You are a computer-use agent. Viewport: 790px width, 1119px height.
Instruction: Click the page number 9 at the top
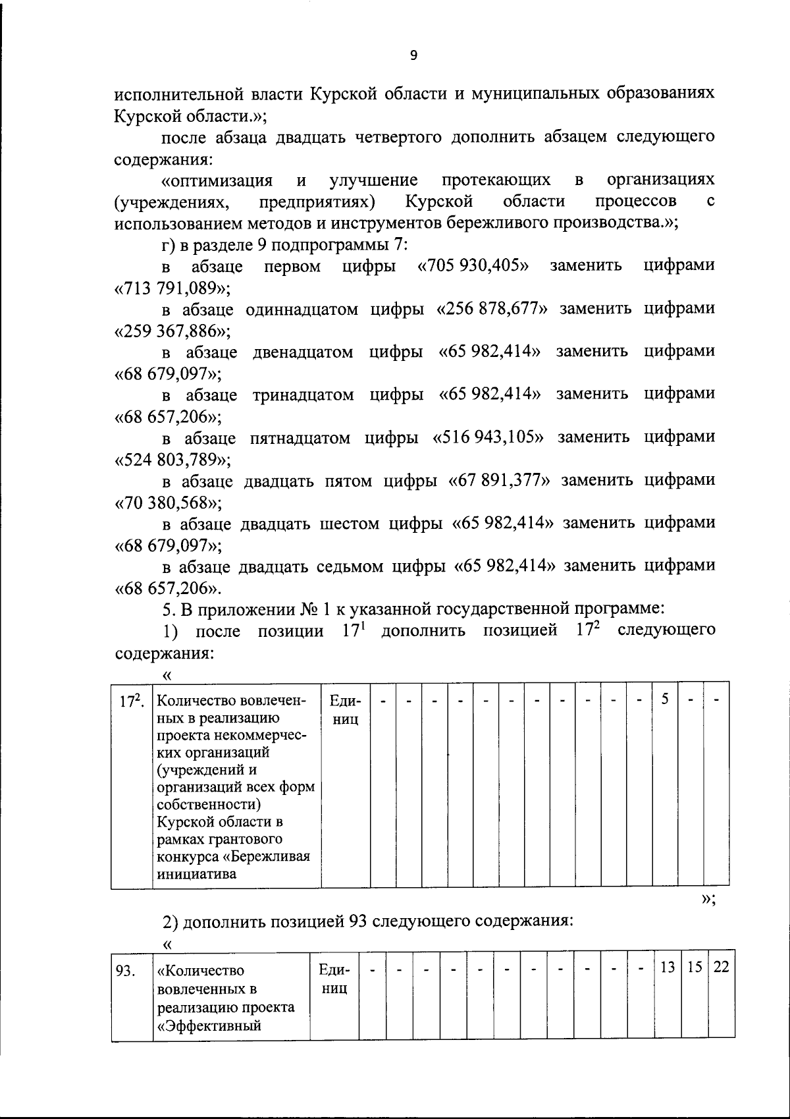coord(413,56)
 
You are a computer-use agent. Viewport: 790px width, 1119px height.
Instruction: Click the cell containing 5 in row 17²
coord(665,699)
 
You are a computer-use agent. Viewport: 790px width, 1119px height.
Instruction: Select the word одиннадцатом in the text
coord(302,310)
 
